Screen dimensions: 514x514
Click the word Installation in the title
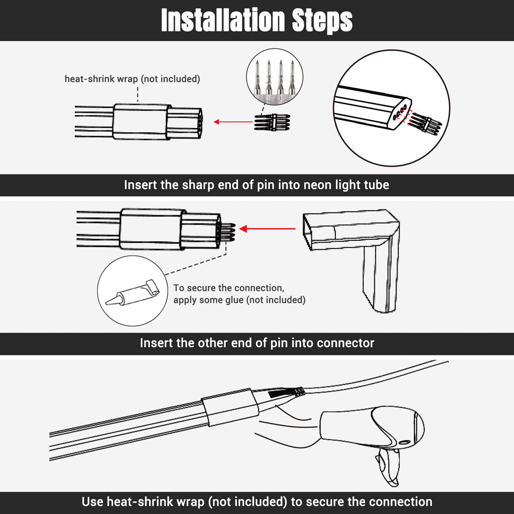224,20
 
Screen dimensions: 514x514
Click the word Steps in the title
322,21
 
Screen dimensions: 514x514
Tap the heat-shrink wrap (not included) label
132,79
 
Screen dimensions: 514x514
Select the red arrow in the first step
233,122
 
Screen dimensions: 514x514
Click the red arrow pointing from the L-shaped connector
267,229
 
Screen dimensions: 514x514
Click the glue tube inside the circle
132,293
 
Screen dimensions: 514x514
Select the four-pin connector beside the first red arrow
272,123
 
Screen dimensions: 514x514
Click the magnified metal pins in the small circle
275,78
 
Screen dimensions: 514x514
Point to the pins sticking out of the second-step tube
227,232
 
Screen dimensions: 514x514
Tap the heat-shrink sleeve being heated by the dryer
230,407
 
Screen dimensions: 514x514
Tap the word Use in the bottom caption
93,502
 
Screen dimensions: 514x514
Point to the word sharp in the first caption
197,185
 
